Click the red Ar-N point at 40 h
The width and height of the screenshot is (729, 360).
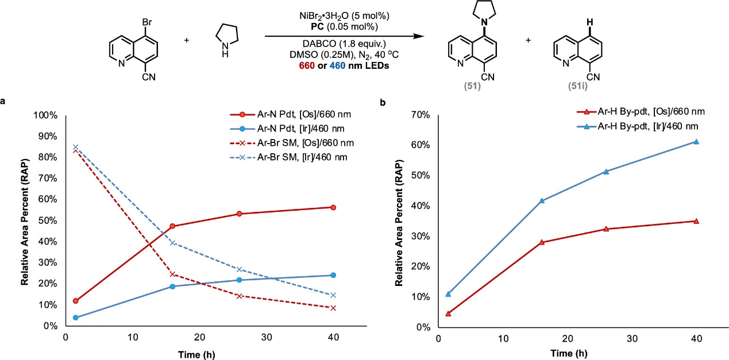333,207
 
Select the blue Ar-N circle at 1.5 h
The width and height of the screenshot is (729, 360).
75,318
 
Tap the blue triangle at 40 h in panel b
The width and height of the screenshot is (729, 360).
696,141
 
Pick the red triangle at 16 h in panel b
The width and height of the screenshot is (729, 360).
543,242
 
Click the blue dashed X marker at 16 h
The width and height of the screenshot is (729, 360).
171,243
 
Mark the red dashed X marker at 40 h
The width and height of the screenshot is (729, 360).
333,308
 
